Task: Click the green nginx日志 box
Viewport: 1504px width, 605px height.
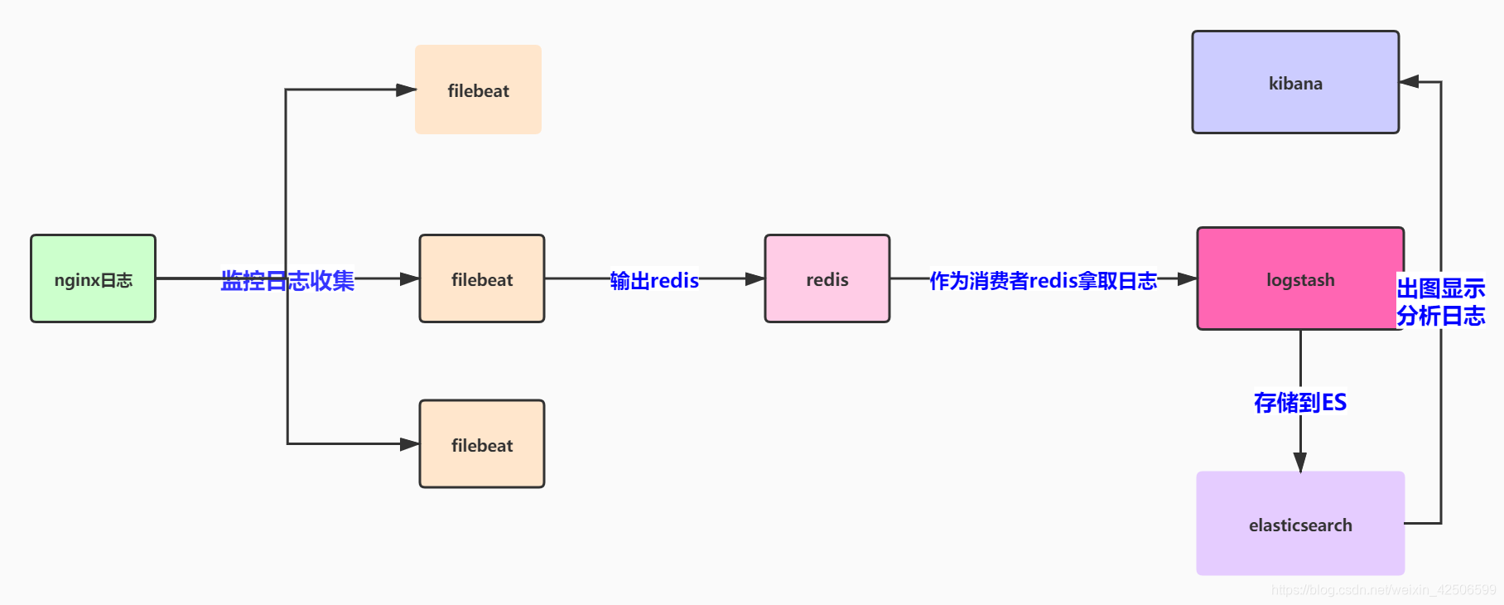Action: point(93,279)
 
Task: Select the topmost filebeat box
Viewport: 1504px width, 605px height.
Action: point(478,90)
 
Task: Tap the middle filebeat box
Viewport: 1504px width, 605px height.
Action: point(481,279)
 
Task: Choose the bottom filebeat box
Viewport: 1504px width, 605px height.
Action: point(481,444)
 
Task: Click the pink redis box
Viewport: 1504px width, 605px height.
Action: point(827,279)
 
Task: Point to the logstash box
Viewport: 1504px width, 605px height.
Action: point(1299,279)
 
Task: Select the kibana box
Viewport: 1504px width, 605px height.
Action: point(1294,83)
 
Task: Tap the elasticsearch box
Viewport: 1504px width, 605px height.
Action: point(1299,524)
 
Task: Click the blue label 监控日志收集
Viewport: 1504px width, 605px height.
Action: point(287,280)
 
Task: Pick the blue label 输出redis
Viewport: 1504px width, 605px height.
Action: point(654,280)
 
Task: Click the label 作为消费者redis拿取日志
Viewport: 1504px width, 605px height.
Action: point(1043,280)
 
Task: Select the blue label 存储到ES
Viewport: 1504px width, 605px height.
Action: point(1299,402)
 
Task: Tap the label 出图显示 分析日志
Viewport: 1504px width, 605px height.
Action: point(1440,302)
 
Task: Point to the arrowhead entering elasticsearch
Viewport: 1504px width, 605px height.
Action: point(1299,462)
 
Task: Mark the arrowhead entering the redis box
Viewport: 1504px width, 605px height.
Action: point(754,279)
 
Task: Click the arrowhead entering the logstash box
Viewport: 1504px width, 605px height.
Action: point(1187,279)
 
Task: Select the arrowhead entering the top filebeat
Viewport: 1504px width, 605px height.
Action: point(406,90)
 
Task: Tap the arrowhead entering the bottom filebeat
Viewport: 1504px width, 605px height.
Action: point(409,444)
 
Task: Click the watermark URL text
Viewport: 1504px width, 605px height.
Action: point(1383,589)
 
